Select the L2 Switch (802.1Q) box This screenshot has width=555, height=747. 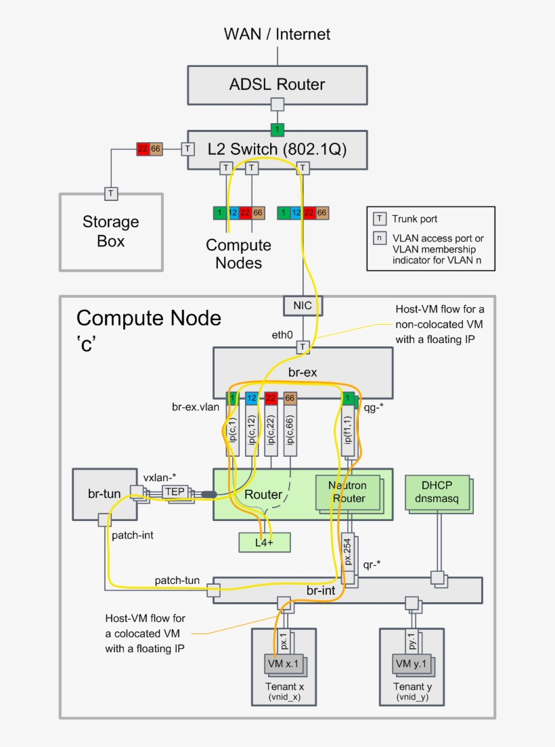coord(277,149)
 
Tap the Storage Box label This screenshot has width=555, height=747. coord(110,231)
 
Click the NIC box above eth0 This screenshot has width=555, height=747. coord(303,305)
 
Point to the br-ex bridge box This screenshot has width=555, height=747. coord(303,372)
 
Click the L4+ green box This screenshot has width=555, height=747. coord(264,542)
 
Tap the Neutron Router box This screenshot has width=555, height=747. coord(347,493)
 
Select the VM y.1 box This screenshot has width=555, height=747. coord(411,664)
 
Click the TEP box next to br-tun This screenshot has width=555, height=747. coord(174,492)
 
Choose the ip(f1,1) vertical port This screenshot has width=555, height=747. coord(347,433)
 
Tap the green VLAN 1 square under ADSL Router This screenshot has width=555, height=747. coord(277,129)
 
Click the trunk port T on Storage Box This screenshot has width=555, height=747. coord(111,194)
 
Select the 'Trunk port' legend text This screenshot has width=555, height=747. coord(414,219)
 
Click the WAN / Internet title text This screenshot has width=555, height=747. coord(277,33)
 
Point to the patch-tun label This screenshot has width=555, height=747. coord(177,580)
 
